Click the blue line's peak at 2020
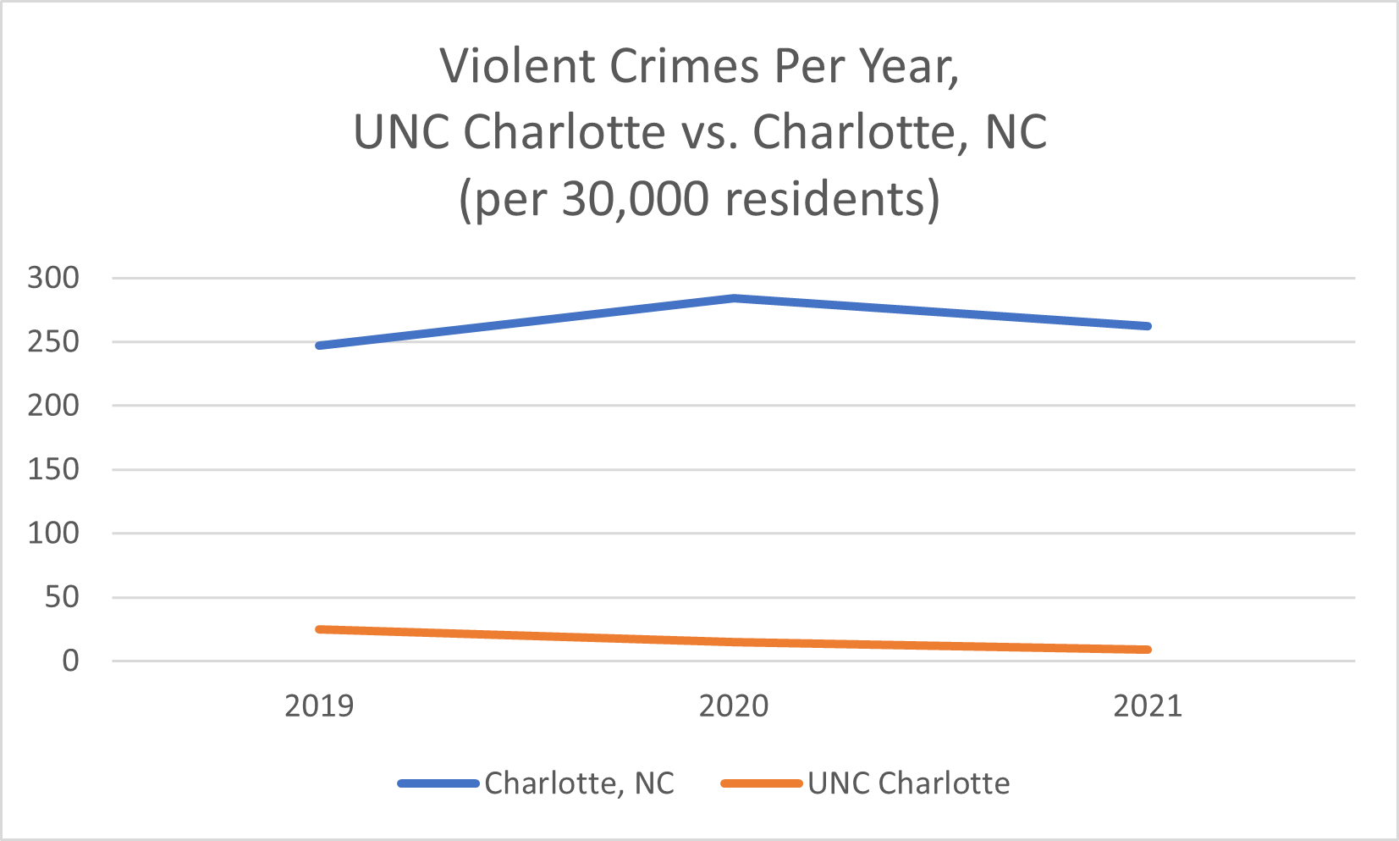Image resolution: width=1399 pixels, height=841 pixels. click(735, 298)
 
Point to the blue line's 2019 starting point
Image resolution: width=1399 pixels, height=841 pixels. click(319, 346)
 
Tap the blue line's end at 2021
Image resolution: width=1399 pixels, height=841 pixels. click(1148, 326)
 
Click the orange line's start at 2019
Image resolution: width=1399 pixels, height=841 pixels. click(319, 629)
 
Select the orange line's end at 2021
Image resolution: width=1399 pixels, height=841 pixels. click(1148, 650)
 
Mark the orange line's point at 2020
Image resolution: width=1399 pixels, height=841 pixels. click(735, 642)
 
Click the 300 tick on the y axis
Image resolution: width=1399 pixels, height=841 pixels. click(53, 278)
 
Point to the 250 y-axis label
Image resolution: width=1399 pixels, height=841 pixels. click(53, 342)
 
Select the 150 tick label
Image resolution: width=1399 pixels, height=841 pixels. click(53, 469)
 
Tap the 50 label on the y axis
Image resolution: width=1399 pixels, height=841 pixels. click(62, 597)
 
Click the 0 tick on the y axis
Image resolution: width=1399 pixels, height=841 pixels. click(70, 661)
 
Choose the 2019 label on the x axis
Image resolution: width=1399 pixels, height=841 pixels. click(319, 705)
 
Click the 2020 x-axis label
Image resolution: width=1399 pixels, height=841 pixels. click(734, 705)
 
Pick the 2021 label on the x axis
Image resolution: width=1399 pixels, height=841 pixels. click(1148, 705)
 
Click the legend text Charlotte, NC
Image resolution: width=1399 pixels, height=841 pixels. click(580, 783)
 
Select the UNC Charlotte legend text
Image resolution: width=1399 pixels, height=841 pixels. click(908, 783)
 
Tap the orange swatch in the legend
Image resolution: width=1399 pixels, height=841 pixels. click(762, 783)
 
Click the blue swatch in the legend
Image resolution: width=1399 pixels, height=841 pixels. click(438, 783)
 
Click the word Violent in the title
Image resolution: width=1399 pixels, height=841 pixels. click(518, 66)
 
